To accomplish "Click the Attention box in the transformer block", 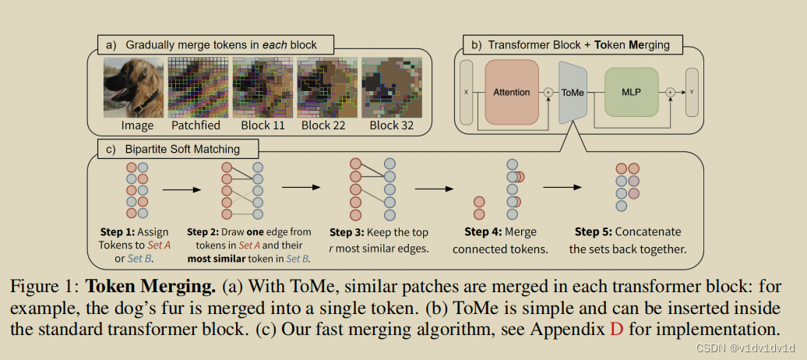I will coord(512,92).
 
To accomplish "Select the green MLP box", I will coord(632,92).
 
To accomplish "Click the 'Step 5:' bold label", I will coord(594,231).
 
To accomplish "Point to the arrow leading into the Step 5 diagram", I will coord(563,188).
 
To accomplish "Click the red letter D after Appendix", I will coord(617,328).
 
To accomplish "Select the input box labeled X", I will coord(467,92).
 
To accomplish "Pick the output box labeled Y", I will coord(691,92).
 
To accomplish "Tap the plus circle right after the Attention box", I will coord(548,92).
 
